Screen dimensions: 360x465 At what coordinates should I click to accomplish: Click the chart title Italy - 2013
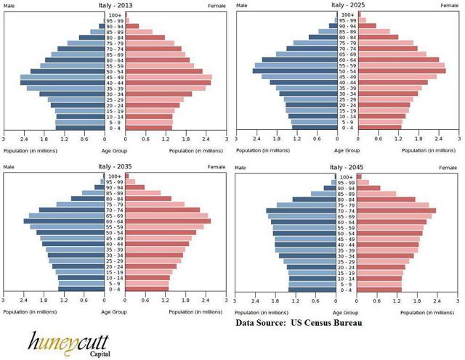pos(115,5)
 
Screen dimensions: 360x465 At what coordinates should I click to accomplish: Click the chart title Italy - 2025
pos(347,5)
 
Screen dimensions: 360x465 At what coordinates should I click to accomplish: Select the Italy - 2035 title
pos(115,167)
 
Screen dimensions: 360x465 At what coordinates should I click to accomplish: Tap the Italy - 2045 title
pos(347,167)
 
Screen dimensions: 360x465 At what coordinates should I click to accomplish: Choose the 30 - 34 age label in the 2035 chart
pos(115,255)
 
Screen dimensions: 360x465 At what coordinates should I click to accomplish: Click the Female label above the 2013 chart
pos(217,6)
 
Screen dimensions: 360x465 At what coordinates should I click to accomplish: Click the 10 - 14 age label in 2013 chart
pos(115,116)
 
